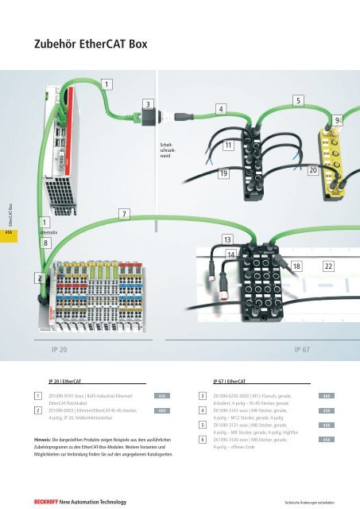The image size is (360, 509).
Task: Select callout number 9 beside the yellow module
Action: pyautogui.click(x=338, y=119)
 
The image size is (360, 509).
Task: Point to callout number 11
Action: pyautogui.click(x=229, y=146)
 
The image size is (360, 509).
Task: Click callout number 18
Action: pyautogui.click(x=296, y=264)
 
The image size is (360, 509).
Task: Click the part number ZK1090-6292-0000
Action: pyautogui.click(x=238, y=395)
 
